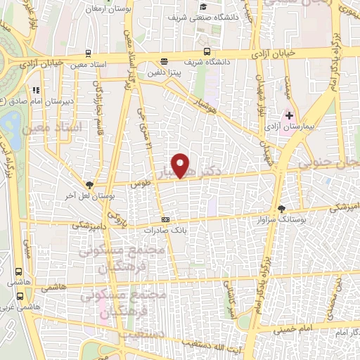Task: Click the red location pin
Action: (181, 166)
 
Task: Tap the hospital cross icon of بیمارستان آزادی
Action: (288, 115)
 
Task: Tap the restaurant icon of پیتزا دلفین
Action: (164, 61)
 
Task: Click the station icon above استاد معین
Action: (87, 53)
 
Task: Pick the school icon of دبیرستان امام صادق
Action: (34, 89)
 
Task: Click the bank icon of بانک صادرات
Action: (166, 219)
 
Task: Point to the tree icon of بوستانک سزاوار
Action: (282, 209)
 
